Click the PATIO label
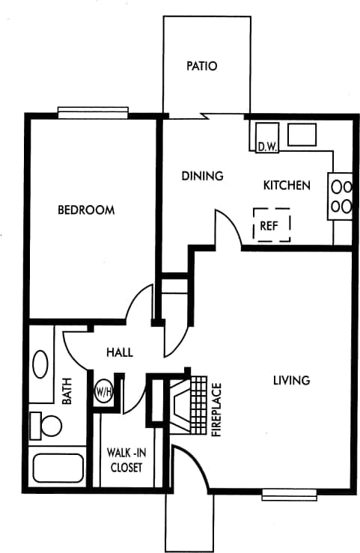point(201,66)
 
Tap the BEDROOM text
point(86,210)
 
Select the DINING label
point(203,177)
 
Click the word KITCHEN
point(286,185)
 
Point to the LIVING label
point(291,380)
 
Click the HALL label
point(119,352)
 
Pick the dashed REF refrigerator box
point(272,224)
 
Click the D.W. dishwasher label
point(267,147)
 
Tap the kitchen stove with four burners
point(341,196)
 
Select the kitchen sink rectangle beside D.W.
point(302,135)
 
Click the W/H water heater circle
point(104,391)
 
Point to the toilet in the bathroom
point(46,426)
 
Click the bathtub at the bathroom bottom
point(58,468)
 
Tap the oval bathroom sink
point(40,366)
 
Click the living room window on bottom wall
point(289,494)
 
